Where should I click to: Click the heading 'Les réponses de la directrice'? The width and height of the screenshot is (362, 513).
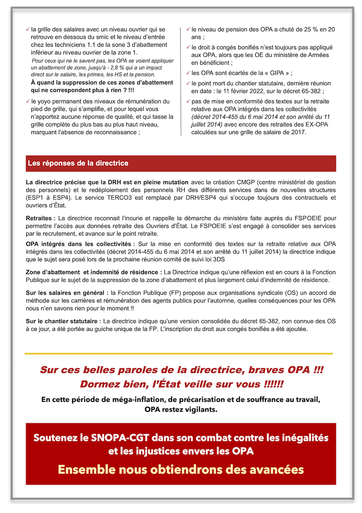(x=78, y=163)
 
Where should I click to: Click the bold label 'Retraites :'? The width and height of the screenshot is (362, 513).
(x=40, y=218)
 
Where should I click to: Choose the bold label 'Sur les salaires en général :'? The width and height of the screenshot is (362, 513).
(x=67, y=293)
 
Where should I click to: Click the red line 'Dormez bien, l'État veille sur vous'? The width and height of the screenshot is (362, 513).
(x=181, y=383)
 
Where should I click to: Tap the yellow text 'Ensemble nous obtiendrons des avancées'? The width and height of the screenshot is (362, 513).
(x=181, y=469)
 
